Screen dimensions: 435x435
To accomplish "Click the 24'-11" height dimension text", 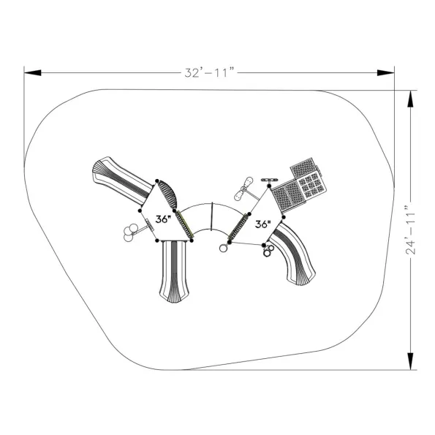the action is pyautogui.click(x=410, y=230).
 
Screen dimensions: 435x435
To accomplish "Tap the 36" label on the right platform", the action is pyautogui.click(x=262, y=224).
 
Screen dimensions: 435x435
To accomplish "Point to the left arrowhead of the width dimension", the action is pyautogui.click(x=33, y=72).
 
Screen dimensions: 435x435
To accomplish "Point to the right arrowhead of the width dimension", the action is pyautogui.click(x=385, y=72).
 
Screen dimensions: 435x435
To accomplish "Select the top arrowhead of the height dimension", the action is pyautogui.click(x=410, y=99).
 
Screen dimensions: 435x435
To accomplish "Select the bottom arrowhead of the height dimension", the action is pyautogui.click(x=410, y=361).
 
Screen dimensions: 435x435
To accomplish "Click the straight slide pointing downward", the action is pyautogui.click(x=174, y=271).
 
